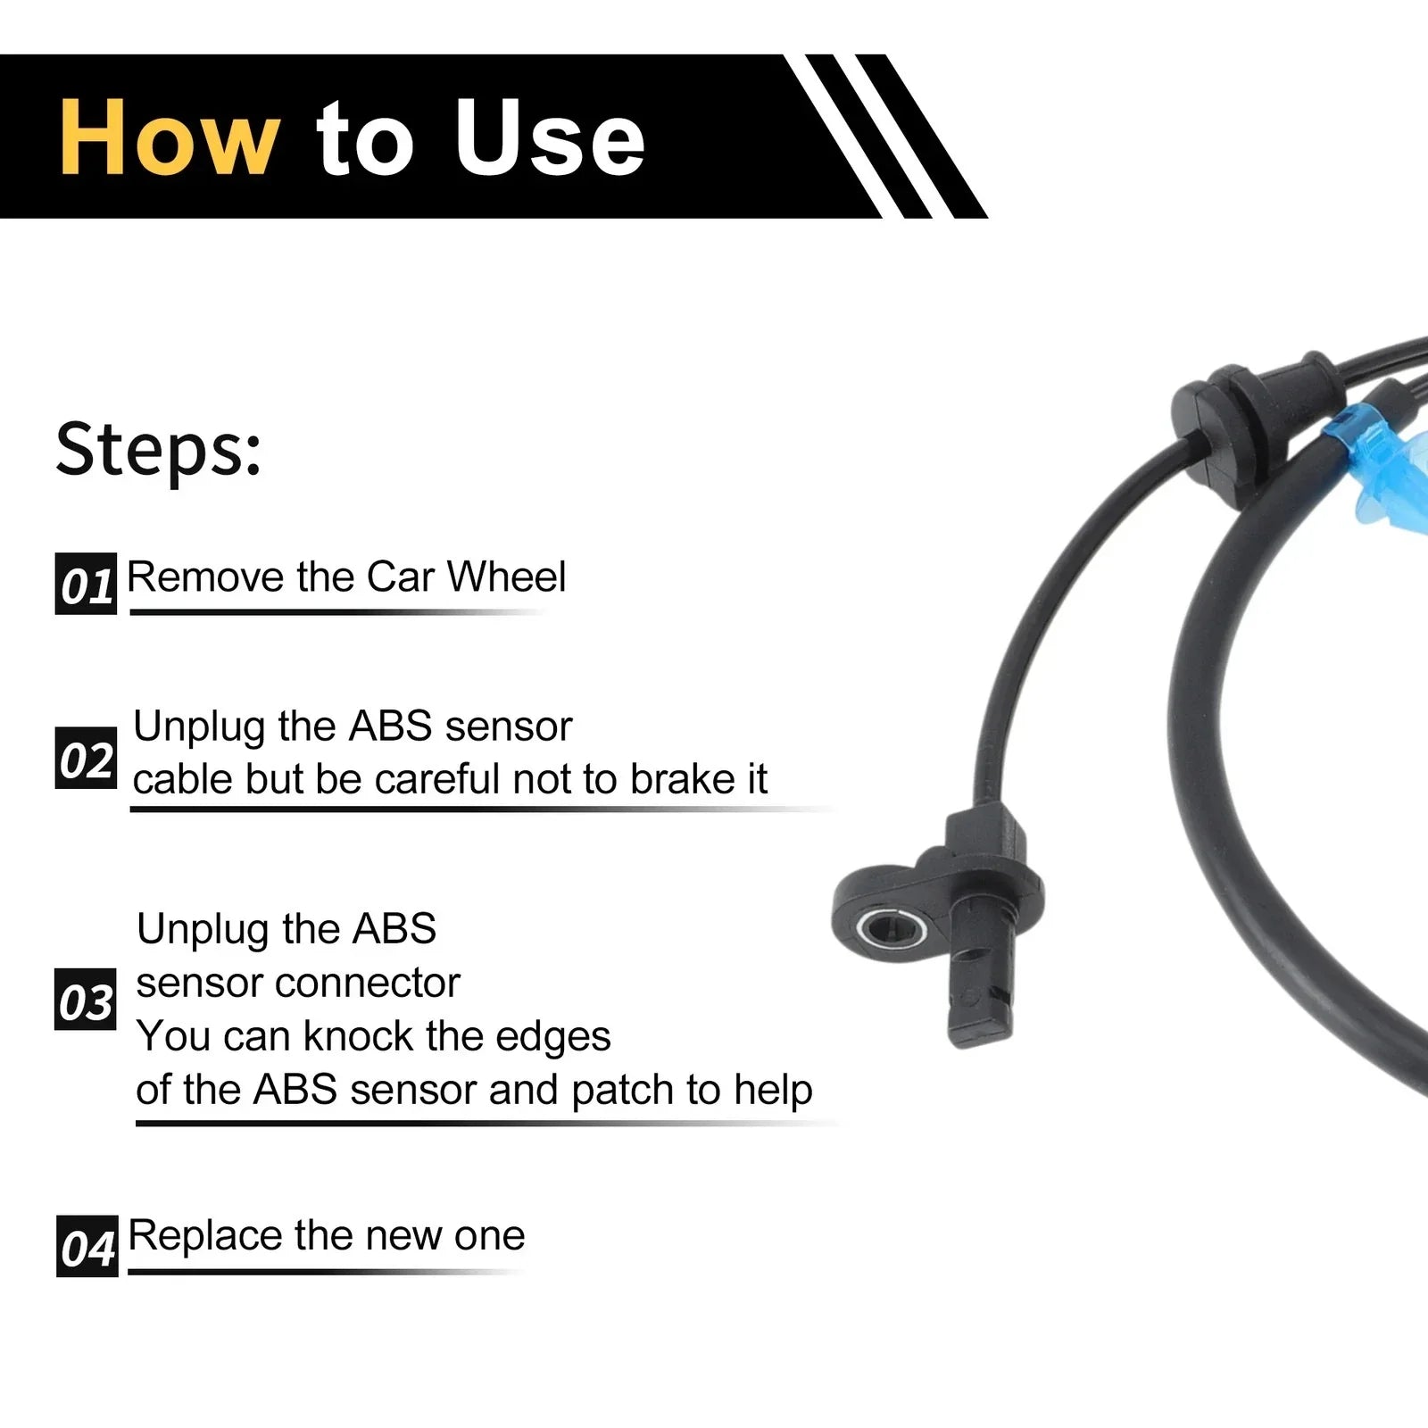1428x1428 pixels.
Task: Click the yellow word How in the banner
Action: coord(169,138)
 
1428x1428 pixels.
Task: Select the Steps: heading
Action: coord(159,449)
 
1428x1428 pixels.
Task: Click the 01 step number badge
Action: coord(86,584)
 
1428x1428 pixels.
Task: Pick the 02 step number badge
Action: coord(86,758)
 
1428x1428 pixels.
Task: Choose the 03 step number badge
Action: coord(86,999)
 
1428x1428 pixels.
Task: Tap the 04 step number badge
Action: coord(87,1246)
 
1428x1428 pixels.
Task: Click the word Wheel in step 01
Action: coord(506,577)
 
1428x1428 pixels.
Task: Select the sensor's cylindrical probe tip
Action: coord(980,1000)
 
